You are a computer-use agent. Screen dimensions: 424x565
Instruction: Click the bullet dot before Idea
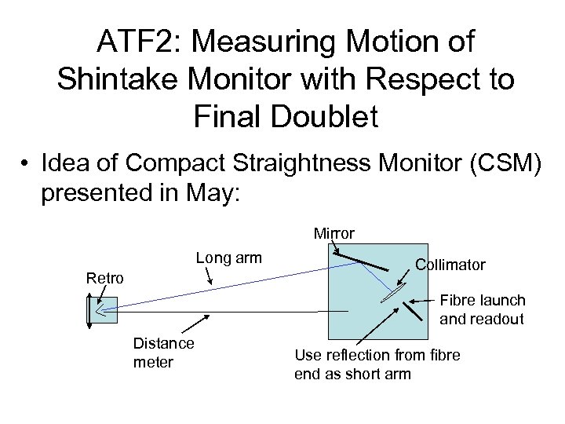tap(26, 166)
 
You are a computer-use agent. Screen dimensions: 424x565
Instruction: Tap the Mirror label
tap(334, 233)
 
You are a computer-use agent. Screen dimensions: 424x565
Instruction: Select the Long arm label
tap(228, 258)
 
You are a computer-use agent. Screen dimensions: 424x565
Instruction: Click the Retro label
tap(104, 277)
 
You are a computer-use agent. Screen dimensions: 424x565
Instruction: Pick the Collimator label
tap(450, 265)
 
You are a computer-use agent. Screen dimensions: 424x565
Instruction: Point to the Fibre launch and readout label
tap(482, 309)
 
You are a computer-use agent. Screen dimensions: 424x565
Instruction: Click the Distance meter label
tap(163, 353)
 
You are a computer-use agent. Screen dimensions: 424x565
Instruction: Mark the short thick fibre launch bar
tap(413, 309)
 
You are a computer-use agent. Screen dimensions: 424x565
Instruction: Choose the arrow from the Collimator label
tap(405, 276)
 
